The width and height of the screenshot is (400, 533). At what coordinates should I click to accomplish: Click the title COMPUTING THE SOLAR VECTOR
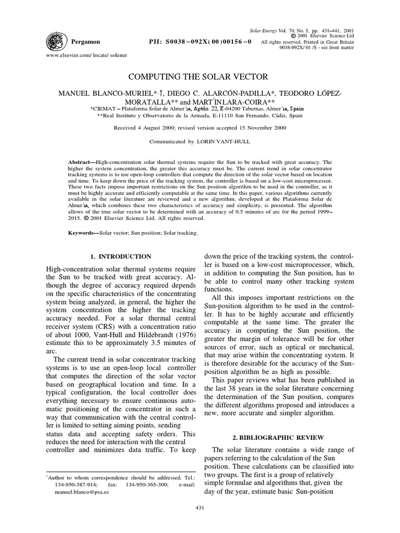(199, 77)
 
